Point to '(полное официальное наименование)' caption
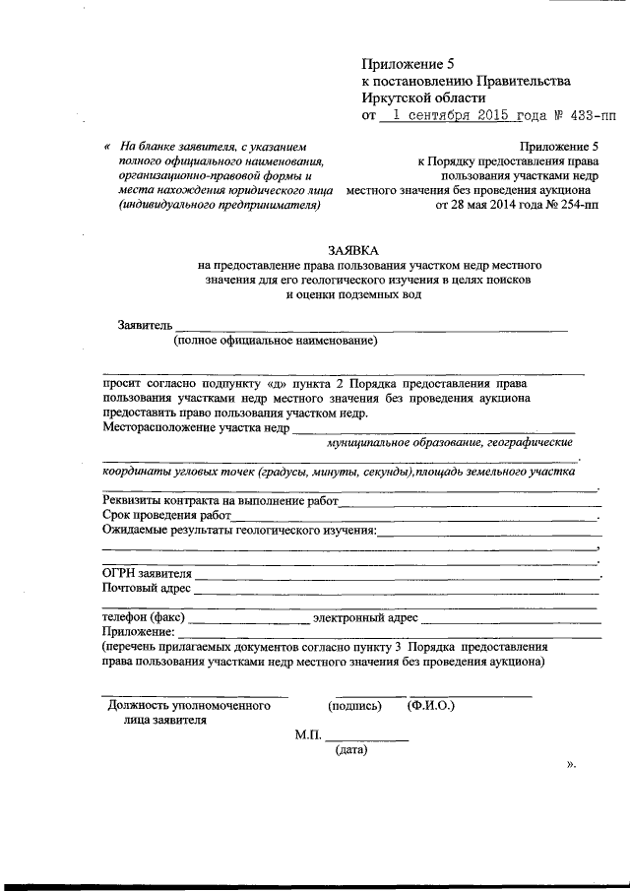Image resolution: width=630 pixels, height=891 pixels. tap(276, 342)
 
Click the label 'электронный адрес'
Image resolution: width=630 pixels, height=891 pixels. tap(364, 618)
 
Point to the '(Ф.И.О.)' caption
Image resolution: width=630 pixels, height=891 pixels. tap(429, 706)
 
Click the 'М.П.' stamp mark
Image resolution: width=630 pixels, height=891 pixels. tap(308, 734)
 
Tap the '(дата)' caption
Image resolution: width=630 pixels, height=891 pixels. tap(351, 750)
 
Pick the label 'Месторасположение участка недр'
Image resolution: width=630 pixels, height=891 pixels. tap(196, 427)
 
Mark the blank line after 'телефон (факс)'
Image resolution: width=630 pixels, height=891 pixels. tap(247, 621)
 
